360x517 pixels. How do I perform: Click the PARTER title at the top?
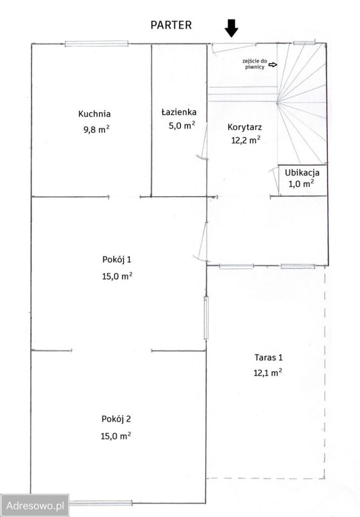[x=171, y=25]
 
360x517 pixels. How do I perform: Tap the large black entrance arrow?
[x=231, y=28]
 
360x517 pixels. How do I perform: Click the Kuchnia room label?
[x=94, y=114]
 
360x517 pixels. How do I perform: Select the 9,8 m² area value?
[x=96, y=129]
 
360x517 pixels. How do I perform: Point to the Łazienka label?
[x=179, y=112]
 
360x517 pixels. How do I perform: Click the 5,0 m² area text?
[x=182, y=125]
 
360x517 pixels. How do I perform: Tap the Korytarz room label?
[x=245, y=127]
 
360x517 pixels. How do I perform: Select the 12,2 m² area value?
[x=246, y=140]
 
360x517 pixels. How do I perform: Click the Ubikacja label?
[x=302, y=173]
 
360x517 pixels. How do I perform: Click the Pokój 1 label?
[x=117, y=260]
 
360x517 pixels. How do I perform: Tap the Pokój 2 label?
[x=116, y=419]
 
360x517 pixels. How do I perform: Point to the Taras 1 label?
[x=268, y=358]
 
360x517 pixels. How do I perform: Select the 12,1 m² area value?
[x=268, y=373]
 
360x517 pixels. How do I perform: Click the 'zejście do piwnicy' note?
[x=255, y=64]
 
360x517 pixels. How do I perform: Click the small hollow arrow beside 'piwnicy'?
[x=273, y=65]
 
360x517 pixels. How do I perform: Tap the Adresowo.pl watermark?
[x=34, y=506]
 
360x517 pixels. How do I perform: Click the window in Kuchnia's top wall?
[x=96, y=44]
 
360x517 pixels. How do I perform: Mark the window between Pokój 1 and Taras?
[x=206, y=318]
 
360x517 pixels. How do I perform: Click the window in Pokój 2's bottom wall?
[x=101, y=503]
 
